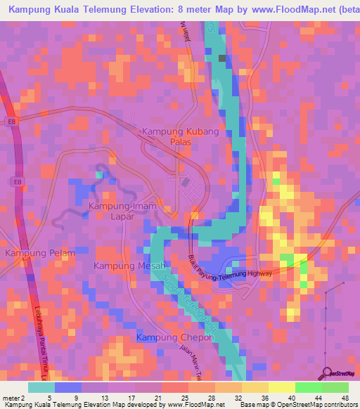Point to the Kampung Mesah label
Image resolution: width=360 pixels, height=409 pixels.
pyautogui.click(x=129, y=266)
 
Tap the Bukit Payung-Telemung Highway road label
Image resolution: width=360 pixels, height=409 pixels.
pyautogui.click(x=231, y=267)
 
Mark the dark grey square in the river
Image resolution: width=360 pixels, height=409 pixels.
pyautogui.click(x=223, y=58)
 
